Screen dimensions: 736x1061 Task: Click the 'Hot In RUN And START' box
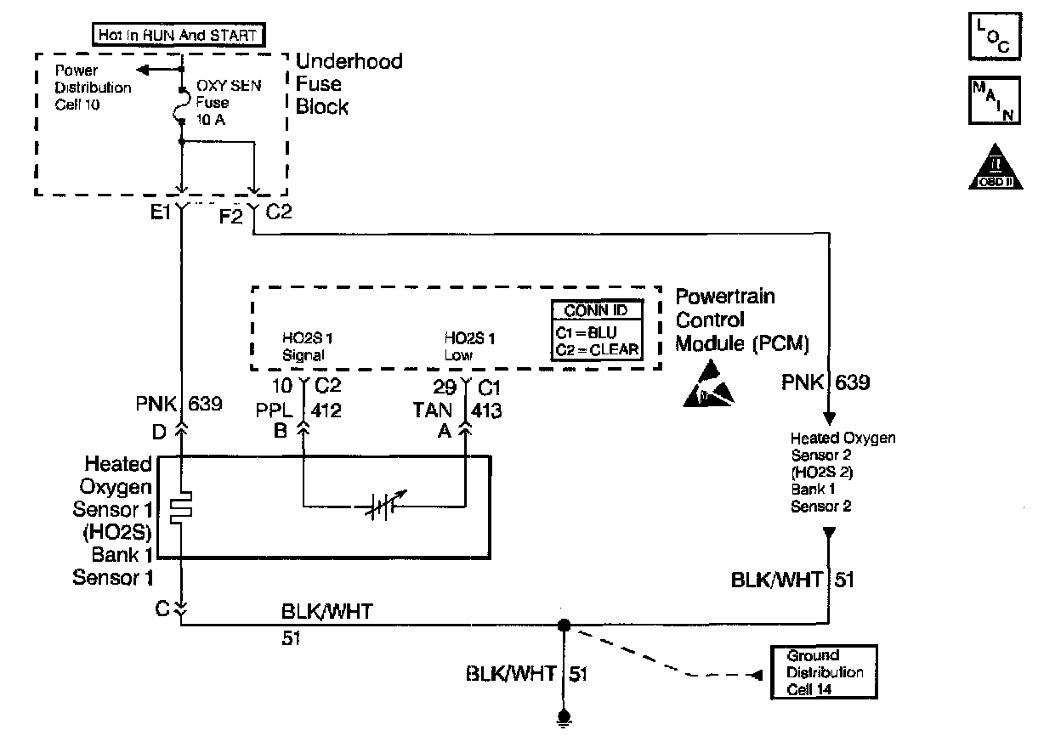[x=177, y=35]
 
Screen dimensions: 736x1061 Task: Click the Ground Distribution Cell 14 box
[x=823, y=672]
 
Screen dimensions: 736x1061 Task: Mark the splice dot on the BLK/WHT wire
[x=562, y=626]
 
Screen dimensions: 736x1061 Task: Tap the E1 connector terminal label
[x=162, y=213]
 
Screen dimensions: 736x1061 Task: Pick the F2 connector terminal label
[x=231, y=216]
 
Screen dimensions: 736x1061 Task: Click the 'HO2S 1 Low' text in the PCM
[x=469, y=347]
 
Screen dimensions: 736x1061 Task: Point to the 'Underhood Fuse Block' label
[x=349, y=84]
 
